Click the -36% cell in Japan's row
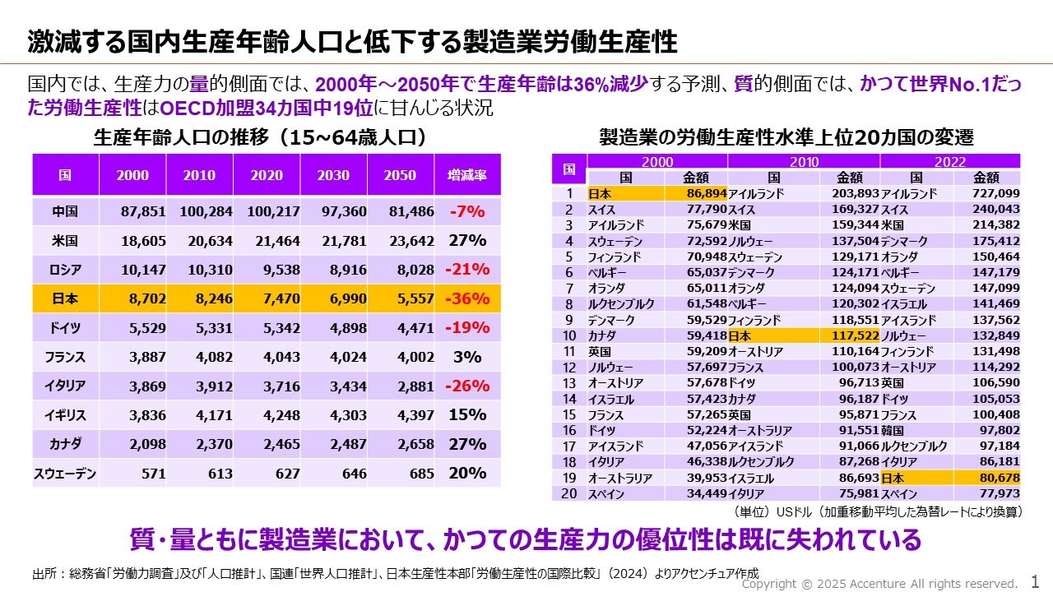pyautogui.click(x=467, y=298)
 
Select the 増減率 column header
pyautogui.click(x=467, y=175)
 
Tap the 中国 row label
pyautogui.click(x=65, y=211)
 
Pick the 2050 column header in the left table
pyautogui.click(x=400, y=175)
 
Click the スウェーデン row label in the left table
pyautogui.click(x=65, y=474)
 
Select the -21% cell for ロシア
pyautogui.click(x=467, y=270)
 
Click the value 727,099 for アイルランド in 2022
pyautogui.click(x=993, y=194)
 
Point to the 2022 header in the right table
pyautogui.click(x=949, y=162)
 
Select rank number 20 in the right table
pyautogui.click(x=568, y=493)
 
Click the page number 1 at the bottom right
pyautogui.click(x=1035, y=581)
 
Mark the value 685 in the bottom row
pyautogui.click(x=420, y=474)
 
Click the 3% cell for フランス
pyautogui.click(x=467, y=357)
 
